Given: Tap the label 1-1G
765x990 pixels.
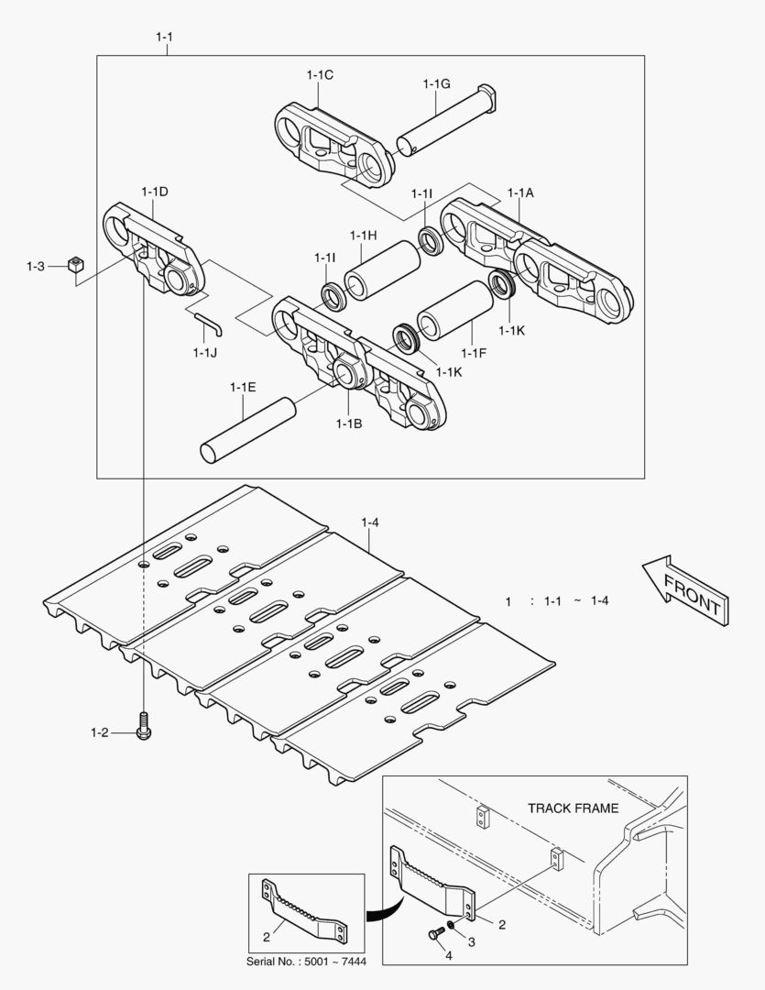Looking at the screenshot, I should tap(436, 83).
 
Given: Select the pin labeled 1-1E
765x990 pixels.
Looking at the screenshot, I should tap(246, 430).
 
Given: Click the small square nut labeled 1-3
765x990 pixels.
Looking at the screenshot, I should tap(76, 266).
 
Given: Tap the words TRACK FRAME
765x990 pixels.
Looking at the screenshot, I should tap(573, 808).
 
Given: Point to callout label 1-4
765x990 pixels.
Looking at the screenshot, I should tap(370, 522).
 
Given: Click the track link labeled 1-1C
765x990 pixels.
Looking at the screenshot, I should tap(335, 146).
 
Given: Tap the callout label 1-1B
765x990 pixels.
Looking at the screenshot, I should tap(349, 423).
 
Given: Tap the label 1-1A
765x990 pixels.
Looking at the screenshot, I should tap(520, 193).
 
